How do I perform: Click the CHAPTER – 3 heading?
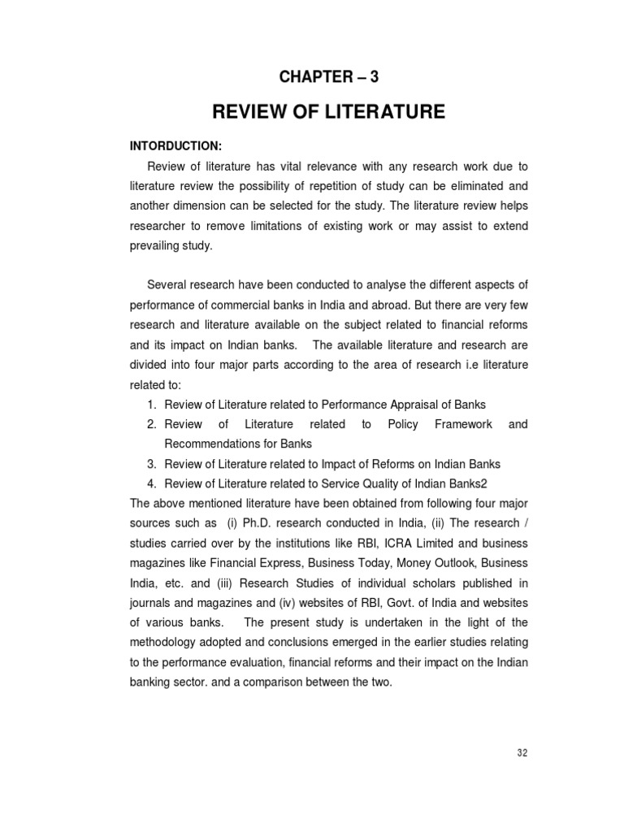tap(329, 77)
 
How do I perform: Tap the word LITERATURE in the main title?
tap(383, 112)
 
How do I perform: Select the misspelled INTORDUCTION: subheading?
tap(176, 146)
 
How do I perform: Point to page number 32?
tap(522, 752)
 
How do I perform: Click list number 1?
tap(151, 404)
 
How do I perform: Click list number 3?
tap(151, 464)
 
